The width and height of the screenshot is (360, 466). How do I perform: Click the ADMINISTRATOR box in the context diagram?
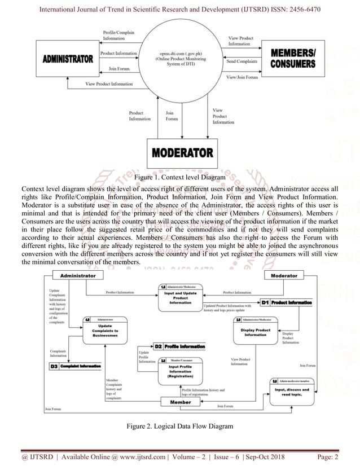tap(68, 59)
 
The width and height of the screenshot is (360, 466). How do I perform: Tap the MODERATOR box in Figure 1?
tap(182, 153)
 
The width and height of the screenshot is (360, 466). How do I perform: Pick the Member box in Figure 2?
tap(181, 402)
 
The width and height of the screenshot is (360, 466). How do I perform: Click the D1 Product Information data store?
tap(286, 303)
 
